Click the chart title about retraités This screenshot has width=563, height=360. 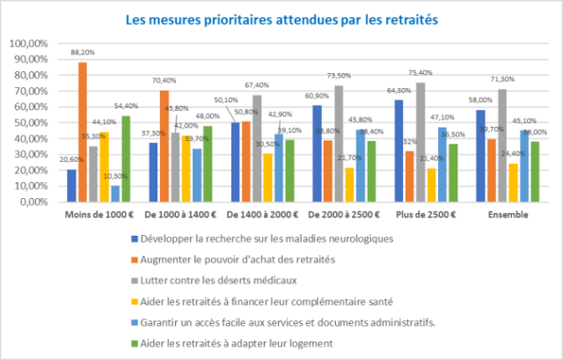(x=281, y=18)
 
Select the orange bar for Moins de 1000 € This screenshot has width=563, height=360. (x=83, y=132)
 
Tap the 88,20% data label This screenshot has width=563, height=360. (x=83, y=52)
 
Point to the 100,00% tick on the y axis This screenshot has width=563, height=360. (x=33, y=43)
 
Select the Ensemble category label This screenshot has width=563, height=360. (x=506, y=214)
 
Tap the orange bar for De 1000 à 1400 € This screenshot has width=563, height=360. (x=164, y=146)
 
